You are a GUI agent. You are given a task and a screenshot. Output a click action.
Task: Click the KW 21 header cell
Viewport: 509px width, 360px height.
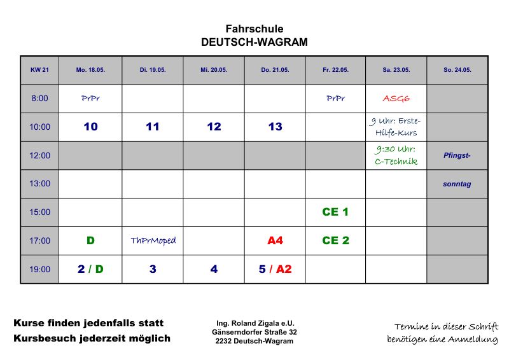[x=39, y=70]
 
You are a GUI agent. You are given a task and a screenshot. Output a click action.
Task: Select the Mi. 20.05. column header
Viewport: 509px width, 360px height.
[x=214, y=70]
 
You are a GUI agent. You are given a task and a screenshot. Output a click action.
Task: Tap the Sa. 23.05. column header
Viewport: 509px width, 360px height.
[x=396, y=70]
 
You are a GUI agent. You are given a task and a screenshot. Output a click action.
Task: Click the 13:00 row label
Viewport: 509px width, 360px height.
[x=39, y=184]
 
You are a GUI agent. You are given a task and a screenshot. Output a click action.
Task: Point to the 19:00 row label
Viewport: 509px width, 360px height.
[x=39, y=269]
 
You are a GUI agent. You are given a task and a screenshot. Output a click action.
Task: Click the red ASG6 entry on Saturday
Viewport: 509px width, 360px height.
[x=396, y=99]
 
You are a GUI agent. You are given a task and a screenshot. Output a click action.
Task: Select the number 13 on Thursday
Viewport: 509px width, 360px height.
[x=275, y=127]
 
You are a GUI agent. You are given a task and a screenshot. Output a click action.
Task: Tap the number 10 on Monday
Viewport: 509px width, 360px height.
[x=90, y=127]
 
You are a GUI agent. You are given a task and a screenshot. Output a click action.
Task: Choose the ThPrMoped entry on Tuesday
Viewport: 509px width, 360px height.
[x=153, y=240]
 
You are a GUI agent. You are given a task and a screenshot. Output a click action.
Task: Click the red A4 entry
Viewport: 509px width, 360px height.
[x=275, y=240]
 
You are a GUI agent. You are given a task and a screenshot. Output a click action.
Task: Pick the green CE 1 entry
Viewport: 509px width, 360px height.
[x=335, y=212]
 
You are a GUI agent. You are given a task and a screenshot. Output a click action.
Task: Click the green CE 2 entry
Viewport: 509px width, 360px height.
[x=335, y=240]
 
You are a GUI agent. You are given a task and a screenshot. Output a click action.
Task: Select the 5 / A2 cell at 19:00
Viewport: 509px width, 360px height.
[x=275, y=269]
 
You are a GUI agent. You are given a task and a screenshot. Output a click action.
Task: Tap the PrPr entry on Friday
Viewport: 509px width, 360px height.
[x=335, y=99]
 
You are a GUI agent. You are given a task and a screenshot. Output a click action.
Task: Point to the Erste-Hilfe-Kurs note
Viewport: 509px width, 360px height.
[x=395, y=127]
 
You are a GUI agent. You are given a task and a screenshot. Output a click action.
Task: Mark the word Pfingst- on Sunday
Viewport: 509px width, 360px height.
[x=457, y=155]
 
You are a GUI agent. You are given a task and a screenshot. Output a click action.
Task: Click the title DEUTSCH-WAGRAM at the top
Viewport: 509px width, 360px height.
[x=254, y=43]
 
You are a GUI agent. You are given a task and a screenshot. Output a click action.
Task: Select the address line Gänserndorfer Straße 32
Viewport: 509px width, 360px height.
[x=254, y=332]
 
